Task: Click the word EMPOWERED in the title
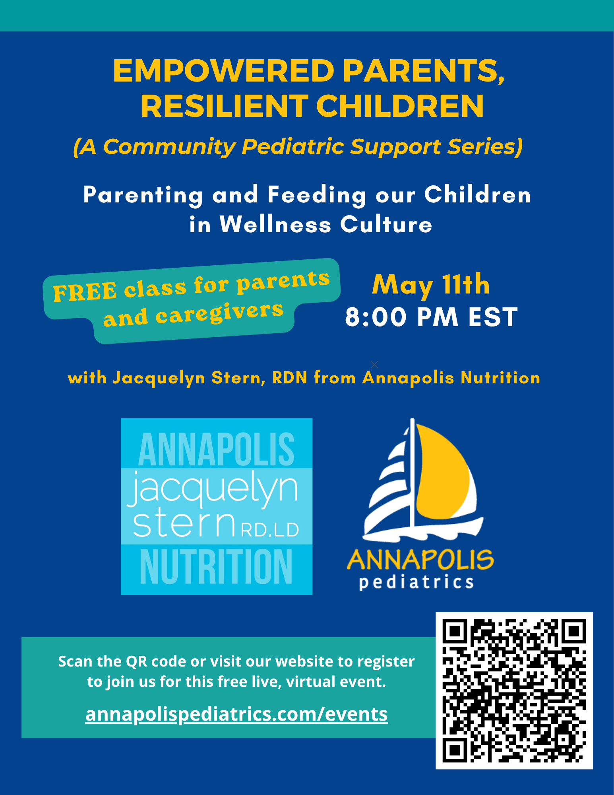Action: pos(224,71)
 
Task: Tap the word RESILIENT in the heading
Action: pos(225,106)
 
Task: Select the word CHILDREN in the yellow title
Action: pos(400,106)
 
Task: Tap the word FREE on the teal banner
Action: pos(85,292)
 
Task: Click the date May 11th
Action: pos(431,285)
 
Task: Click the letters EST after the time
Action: pos(493,317)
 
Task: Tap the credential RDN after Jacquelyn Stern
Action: pos(290,377)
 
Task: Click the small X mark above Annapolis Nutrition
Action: pos(374,364)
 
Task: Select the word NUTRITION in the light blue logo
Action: pos(216,566)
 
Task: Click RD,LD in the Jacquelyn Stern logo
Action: pos(269,530)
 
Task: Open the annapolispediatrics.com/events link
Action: pos(236,714)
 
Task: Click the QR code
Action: pos(514,690)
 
